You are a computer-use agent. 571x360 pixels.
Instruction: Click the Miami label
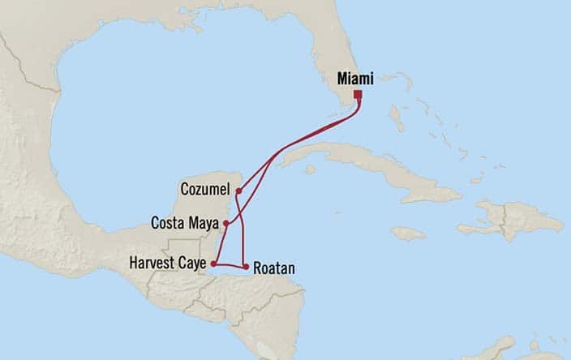click(x=355, y=79)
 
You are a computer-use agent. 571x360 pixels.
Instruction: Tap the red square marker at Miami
click(x=358, y=94)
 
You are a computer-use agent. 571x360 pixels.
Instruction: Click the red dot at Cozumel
click(x=238, y=191)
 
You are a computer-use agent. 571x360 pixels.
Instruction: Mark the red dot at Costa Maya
click(x=226, y=221)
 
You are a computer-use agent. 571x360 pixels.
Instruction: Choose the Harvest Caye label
click(x=167, y=264)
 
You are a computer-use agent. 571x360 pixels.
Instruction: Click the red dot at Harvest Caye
click(x=213, y=264)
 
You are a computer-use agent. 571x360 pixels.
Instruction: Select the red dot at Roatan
click(x=246, y=266)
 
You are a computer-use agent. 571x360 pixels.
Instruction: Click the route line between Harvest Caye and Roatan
click(x=229, y=264)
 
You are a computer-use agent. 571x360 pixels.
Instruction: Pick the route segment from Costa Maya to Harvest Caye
click(x=218, y=243)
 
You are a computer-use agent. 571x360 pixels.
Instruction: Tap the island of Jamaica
click(x=408, y=234)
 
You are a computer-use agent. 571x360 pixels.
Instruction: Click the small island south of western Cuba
click(x=310, y=169)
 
